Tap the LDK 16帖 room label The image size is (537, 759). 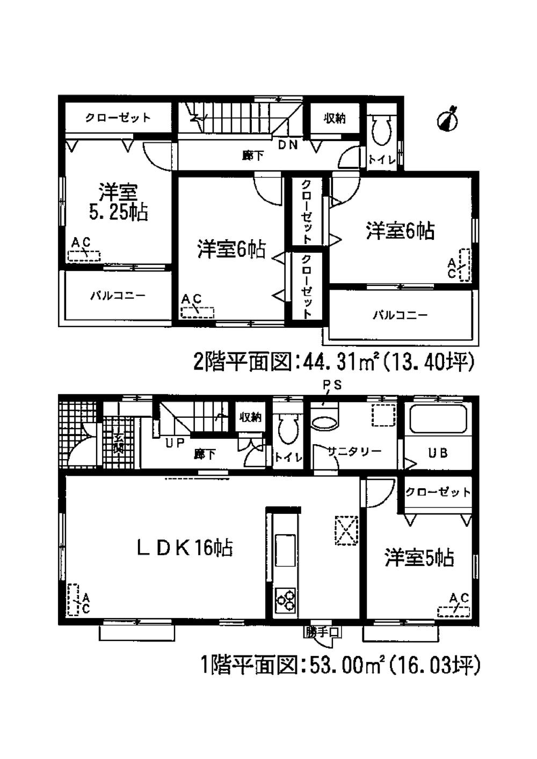pyautogui.click(x=184, y=548)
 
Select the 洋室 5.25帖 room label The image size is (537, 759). pyautogui.click(x=118, y=203)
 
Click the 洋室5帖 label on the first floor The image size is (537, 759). pyautogui.click(x=419, y=558)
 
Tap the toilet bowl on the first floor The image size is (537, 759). pyautogui.click(x=287, y=428)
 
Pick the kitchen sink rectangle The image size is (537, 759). pyautogui.click(x=285, y=550)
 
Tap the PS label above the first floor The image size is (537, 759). pyautogui.click(x=332, y=385)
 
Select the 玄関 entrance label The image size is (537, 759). pyautogui.click(x=118, y=441)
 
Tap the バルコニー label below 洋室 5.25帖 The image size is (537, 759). pyautogui.click(x=118, y=296)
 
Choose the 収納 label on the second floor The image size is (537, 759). pyautogui.click(x=334, y=119)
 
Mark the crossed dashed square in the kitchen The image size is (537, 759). pyautogui.click(x=346, y=530)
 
